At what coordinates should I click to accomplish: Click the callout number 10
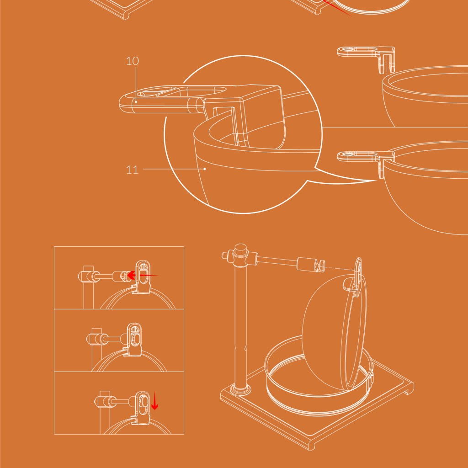tap(132, 61)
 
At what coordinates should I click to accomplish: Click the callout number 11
tap(132, 170)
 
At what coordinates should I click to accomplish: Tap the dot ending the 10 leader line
tap(136, 102)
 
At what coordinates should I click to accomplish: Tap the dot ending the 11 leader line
tap(205, 169)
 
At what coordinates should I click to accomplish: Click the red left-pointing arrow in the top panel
tap(142, 275)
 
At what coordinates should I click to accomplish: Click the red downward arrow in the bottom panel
tap(154, 401)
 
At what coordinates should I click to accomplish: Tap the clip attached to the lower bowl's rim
tap(366, 161)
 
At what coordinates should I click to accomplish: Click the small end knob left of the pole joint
tap(225, 256)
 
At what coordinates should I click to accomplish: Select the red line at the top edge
tap(337, 8)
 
